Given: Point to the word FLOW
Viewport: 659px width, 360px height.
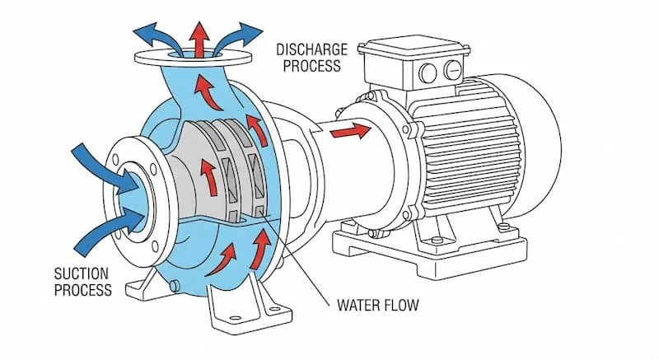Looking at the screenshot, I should pos(400,306).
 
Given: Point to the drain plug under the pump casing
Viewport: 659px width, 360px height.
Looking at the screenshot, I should pos(175,285).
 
